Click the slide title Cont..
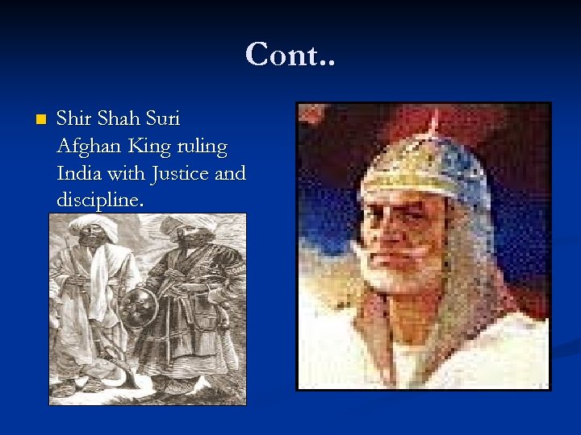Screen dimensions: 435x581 [x=290, y=54]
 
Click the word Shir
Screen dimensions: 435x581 [x=74, y=118]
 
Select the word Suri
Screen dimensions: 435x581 [x=161, y=118]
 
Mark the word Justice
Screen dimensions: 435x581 [x=184, y=173]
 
